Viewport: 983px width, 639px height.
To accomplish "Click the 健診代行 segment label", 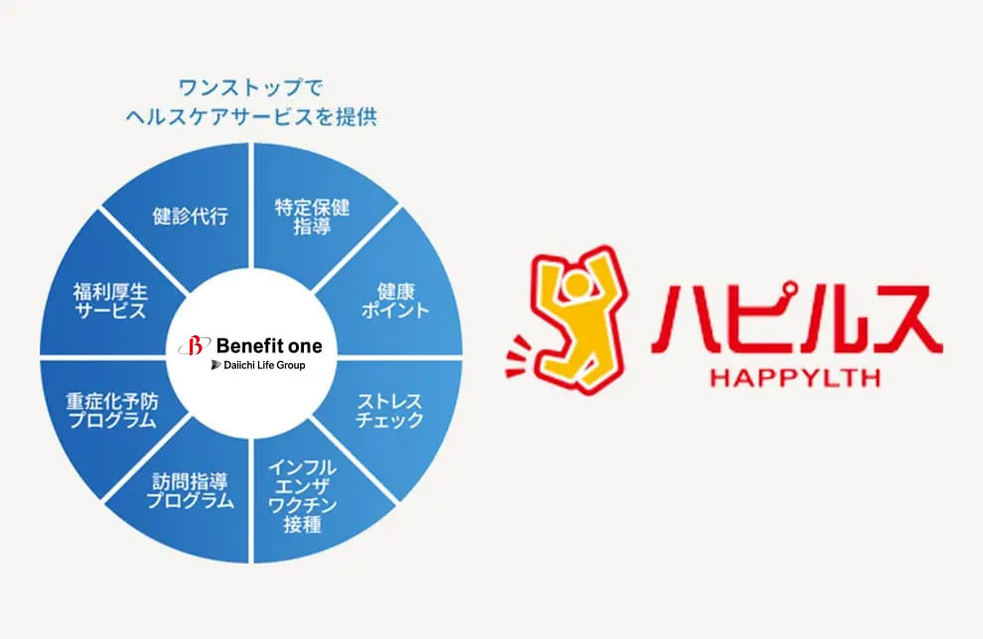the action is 190,216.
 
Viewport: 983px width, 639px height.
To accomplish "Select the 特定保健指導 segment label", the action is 312,216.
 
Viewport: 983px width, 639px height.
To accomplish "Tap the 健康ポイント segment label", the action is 395,301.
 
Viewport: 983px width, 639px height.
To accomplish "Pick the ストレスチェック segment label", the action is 389,411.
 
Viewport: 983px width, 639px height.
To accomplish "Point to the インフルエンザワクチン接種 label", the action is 302,496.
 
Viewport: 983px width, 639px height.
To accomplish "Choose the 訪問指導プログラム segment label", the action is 190,491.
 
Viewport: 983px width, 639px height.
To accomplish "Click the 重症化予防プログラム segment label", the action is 112,411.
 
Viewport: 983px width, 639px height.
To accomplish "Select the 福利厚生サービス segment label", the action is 110,301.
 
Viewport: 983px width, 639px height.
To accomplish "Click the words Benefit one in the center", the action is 269,345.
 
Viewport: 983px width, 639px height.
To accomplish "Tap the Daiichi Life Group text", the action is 264,364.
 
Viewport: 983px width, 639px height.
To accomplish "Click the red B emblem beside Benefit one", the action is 195,345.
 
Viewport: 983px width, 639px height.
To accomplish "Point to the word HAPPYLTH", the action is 795,378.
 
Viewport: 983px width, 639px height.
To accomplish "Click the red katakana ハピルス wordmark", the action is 796,319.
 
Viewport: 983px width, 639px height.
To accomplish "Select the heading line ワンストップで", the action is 250,87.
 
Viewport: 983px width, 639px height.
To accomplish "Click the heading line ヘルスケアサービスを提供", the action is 251,116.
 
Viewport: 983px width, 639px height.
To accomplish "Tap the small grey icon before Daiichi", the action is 216,364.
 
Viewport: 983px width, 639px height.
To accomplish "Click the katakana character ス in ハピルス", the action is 907,320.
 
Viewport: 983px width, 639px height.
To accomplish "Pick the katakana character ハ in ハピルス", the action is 685,320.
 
